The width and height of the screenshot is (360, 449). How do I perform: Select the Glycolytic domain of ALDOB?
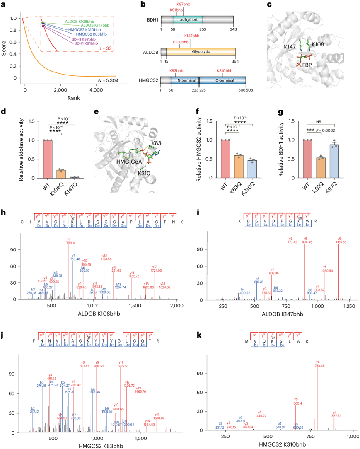click(x=201, y=51)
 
